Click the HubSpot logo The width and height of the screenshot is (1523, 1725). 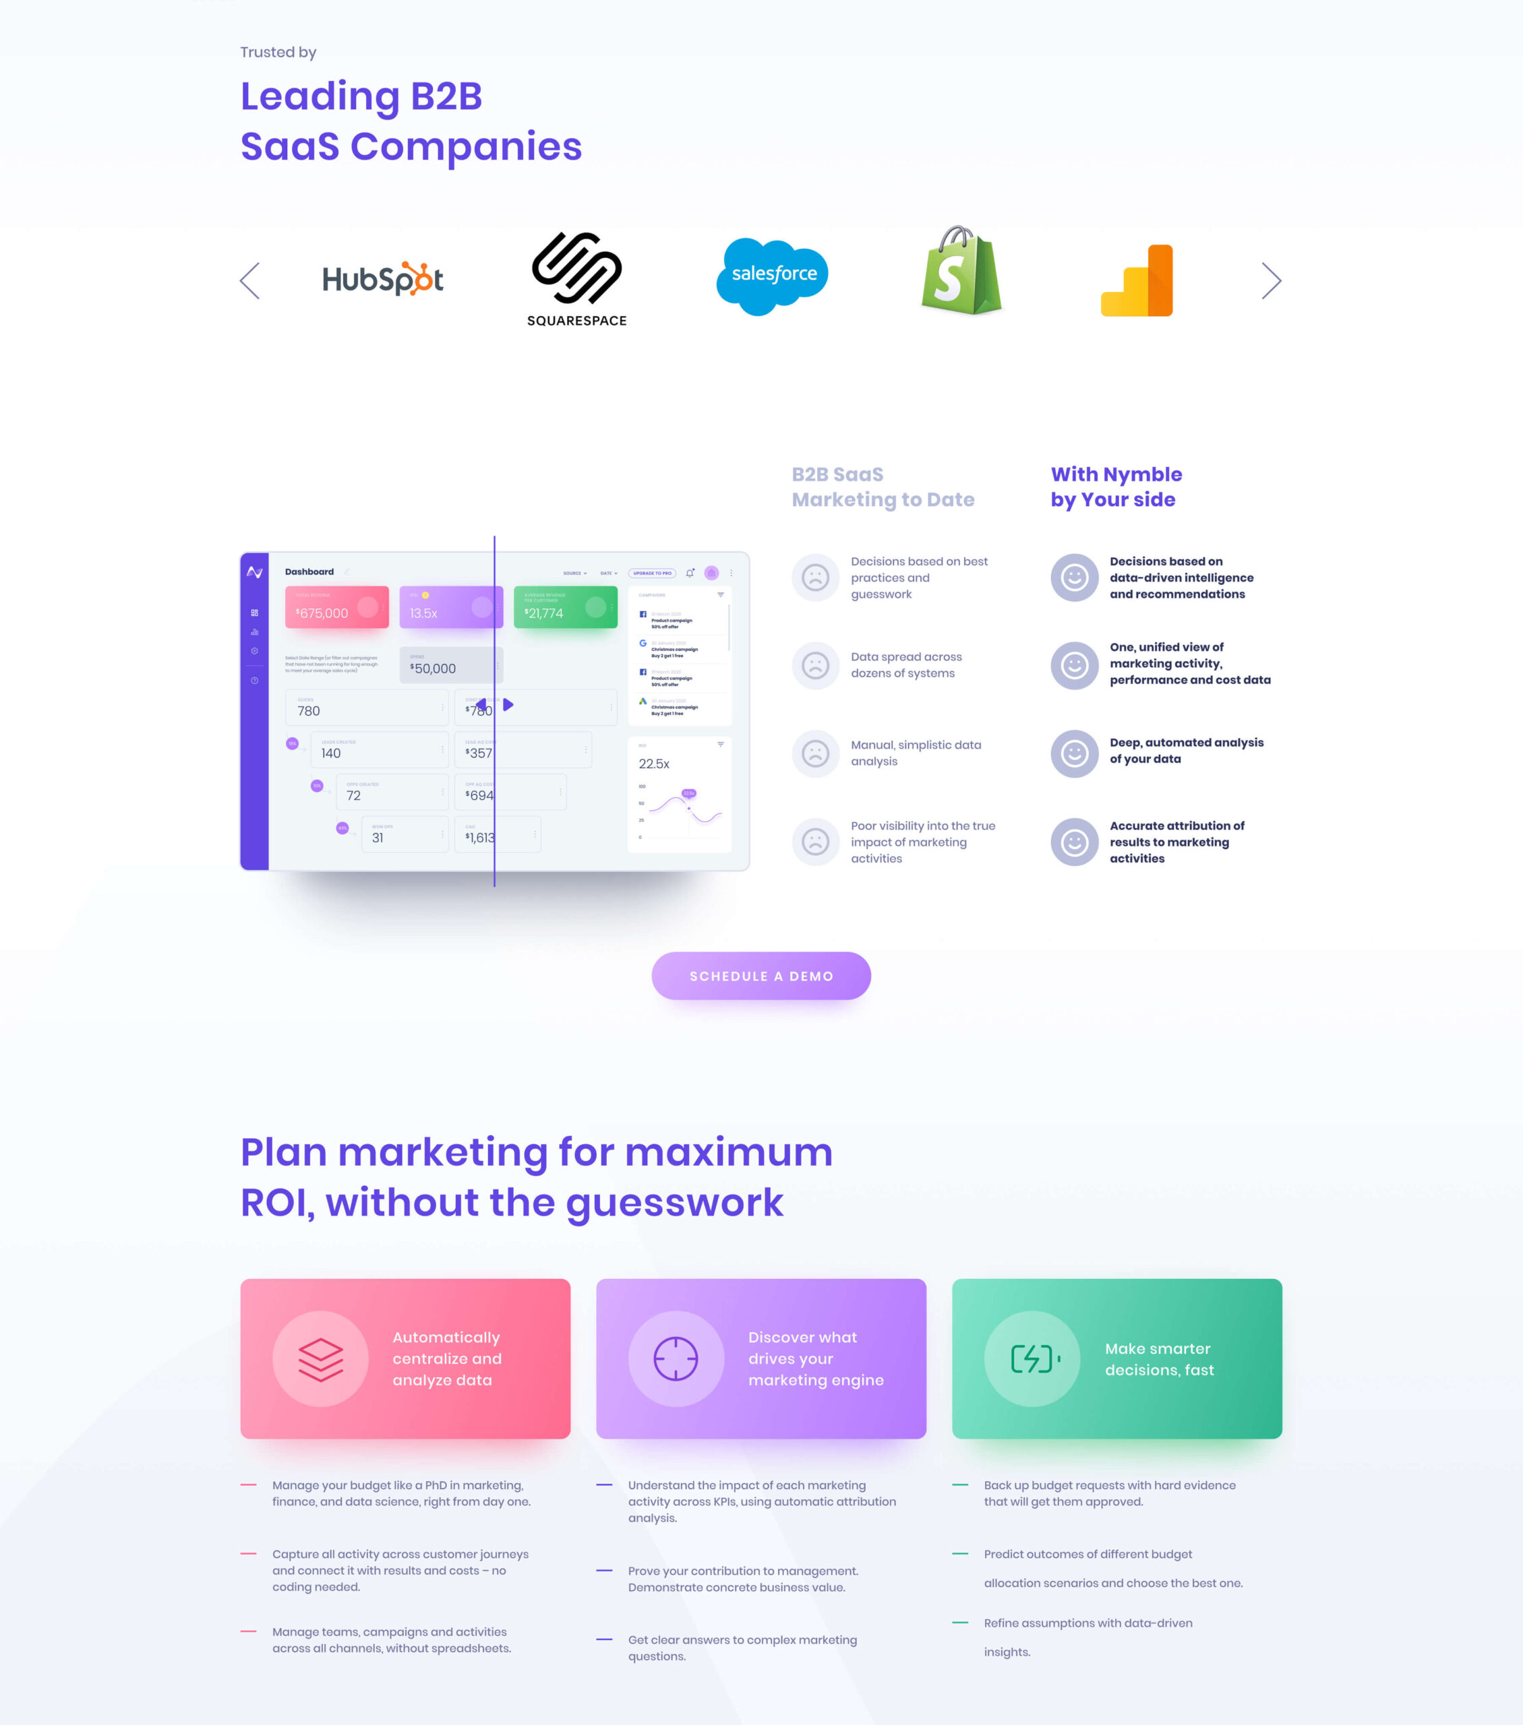(384, 280)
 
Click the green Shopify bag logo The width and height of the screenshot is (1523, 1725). (961, 271)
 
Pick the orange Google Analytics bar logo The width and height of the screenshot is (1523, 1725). (1137, 281)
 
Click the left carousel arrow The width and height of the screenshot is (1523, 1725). (250, 280)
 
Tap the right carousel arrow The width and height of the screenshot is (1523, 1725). (1272, 280)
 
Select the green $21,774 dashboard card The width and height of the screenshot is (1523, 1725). (566, 608)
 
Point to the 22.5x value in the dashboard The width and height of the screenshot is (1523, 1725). (654, 763)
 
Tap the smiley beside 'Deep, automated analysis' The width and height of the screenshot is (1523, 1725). (1074, 753)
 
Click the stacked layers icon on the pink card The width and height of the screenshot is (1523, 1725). (321, 1358)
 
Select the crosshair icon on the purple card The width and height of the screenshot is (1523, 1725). (676, 1358)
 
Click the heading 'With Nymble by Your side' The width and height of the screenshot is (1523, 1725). (1116, 487)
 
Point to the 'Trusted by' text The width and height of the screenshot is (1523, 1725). (278, 53)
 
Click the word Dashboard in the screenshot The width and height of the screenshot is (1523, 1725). (309, 571)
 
